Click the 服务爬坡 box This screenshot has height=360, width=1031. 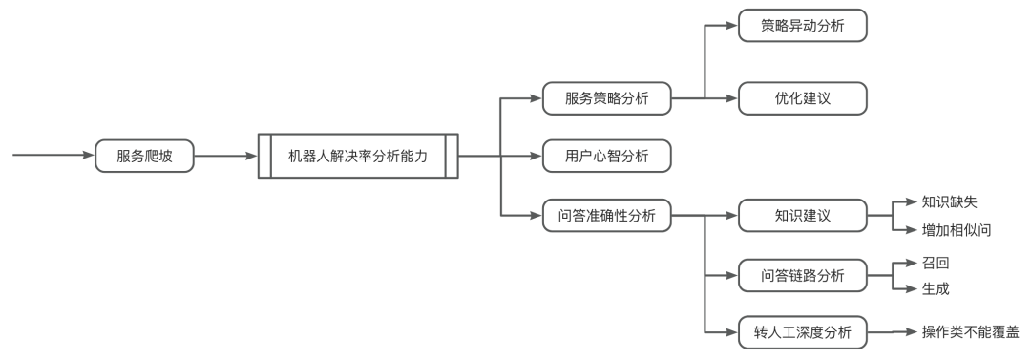pyautogui.click(x=143, y=156)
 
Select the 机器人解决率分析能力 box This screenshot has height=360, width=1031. pyautogui.click(x=358, y=156)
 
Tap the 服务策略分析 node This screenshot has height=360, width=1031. pyautogui.click(x=605, y=97)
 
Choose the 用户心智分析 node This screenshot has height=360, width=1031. pyautogui.click(x=605, y=156)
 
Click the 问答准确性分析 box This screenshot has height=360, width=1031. pyautogui.click(x=605, y=215)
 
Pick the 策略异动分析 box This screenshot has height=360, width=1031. pyautogui.click(x=803, y=26)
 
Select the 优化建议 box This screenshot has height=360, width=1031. pyautogui.click(x=803, y=97)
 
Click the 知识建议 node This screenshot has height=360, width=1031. pyautogui.click(x=803, y=215)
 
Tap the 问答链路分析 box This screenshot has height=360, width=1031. pyautogui.click(x=803, y=275)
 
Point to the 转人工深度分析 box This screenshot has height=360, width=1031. pyautogui.click(x=803, y=332)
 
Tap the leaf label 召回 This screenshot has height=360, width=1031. pyautogui.click(x=936, y=262)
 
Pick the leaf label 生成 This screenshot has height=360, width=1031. pyautogui.click(x=936, y=287)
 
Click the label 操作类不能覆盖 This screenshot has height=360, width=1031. pyautogui.click(x=969, y=332)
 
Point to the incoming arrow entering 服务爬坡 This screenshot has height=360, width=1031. pyautogui.click(x=53, y=156)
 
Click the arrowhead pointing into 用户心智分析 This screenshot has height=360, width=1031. pyautogui.click(x=536, y=156)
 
